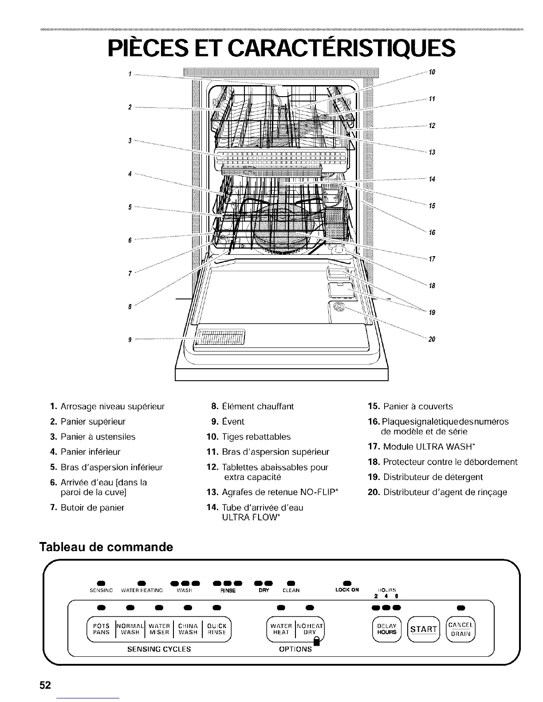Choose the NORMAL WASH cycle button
pyautogui.click(x=130, y=629)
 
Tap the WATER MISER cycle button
pyautogui.click(x=159, y=629)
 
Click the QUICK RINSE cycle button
pyautogui.click(x=217, y=629)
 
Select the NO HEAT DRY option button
pyautogui.click(x=310, y=629)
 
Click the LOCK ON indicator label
pyautogui.click(x=347, y=590)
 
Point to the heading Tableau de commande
pyautogui.click(x=106, y=546)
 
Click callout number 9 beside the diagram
pyautogui.click(x=129, y=340)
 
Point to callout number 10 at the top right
pyautogui.click(x=431, y=72)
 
